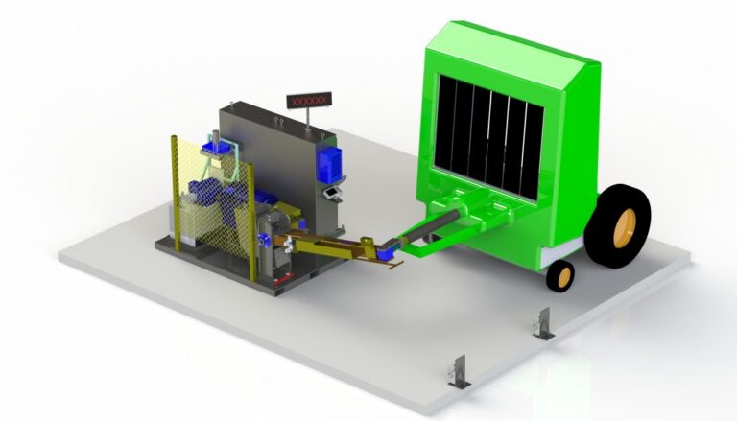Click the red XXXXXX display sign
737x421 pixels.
tap(309, 100)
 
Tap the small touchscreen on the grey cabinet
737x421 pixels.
tap(333, 193)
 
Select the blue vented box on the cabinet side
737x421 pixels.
tap(329, 164)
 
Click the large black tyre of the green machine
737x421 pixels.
tap(617, 226)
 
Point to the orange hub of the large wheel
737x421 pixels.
tap(625, 228)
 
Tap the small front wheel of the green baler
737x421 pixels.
tap(560, 275)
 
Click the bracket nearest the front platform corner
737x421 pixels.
tap(459, 372)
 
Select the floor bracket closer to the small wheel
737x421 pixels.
tap(543, 323)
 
